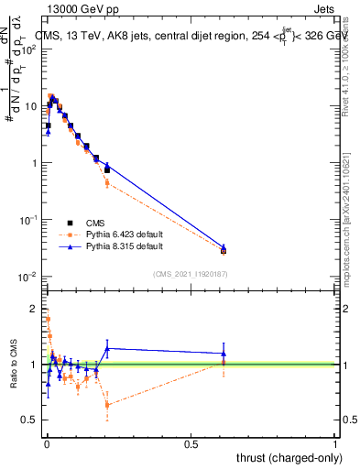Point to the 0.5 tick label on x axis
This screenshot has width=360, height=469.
tap(191, 443)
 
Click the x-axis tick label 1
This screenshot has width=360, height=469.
tap(335, 443)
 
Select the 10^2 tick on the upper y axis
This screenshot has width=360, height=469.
tap(30, 49)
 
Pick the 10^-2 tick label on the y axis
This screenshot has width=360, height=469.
tap(29, 277)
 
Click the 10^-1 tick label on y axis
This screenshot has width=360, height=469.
tap(29, 220)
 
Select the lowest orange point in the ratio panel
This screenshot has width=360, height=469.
tap(107, 404)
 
